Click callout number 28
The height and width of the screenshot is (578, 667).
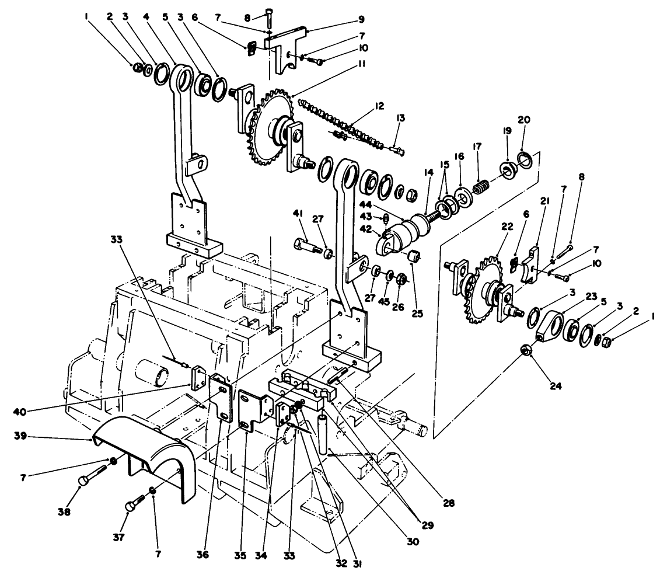pos(448,502)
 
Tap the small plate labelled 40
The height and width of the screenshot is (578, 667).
pos(196,377)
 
